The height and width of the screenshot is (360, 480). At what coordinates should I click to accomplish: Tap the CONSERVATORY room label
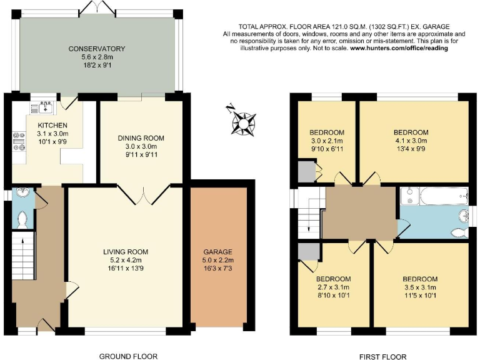click(97, 49)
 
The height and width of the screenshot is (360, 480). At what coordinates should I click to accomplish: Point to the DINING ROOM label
click(141, 138)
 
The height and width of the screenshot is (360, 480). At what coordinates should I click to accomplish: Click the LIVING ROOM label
click(126, 252)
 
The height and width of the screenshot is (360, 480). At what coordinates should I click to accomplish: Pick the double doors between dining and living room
click(144, 194)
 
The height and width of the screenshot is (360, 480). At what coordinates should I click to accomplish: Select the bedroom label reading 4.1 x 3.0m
click(411, 132)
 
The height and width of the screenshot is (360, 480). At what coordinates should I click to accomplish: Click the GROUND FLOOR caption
click(128, 356)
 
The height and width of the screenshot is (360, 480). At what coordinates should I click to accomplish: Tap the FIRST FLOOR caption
click(379, 356)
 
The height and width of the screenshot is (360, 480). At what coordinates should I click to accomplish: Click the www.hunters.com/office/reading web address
click(399, 48)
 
